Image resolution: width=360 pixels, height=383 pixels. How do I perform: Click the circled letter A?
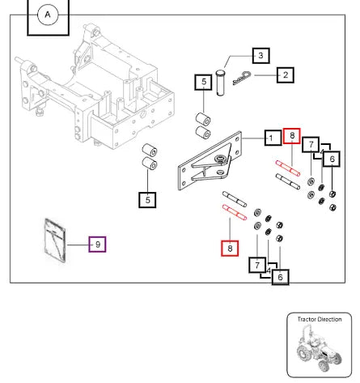click(x=48, y=15)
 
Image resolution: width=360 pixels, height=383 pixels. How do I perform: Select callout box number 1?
click(x=273, y=138)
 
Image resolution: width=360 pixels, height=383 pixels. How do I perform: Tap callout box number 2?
click(x=286, y=74)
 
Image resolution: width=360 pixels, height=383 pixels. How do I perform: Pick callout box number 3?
click(x=260, y=56)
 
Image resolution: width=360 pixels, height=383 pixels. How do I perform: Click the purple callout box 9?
click(x=97, y=245)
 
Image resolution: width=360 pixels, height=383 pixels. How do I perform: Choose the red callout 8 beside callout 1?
click(x=292, y=136)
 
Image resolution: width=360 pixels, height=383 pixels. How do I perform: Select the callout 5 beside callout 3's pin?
click(x=204, y=82)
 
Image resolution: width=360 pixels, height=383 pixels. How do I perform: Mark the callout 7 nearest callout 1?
click(x=311, y=145)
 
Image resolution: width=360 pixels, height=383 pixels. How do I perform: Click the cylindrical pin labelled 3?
click(x=220, y=83)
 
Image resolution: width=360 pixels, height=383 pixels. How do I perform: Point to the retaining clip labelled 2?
click(x=242, y=79)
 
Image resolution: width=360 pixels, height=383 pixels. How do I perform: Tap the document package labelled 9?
click(x=55, y=240)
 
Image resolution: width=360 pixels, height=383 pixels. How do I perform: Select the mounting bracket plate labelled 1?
click(x=210, y=161)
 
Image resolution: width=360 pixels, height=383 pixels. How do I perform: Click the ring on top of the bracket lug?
click(x=221, y=158)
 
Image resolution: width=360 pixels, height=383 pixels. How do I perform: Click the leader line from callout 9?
click(x=78, y=245)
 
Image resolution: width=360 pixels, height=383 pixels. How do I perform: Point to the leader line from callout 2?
click(x=265, y=75)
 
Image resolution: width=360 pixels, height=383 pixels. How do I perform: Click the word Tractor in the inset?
click(x=306, y=319)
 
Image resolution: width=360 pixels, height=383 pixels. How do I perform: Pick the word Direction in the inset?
click(x=328, y=319)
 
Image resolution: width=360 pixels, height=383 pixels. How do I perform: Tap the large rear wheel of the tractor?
click(x=303, y=353)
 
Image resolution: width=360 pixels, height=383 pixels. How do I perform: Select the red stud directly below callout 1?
click(x=288, y=168)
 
